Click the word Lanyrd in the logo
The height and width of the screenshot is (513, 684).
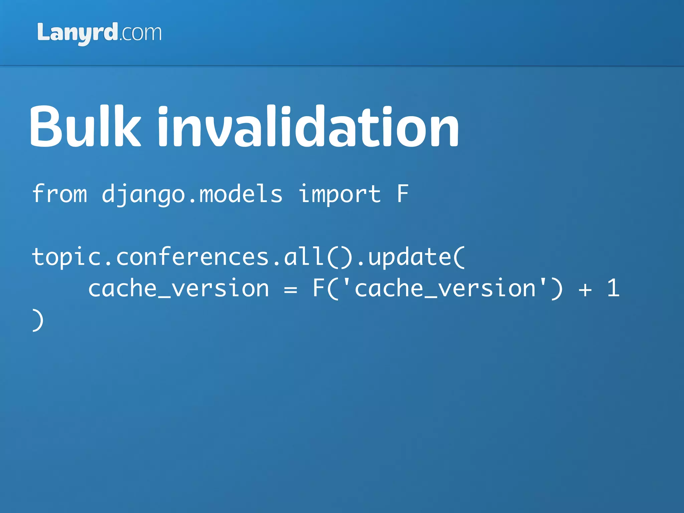point(77,33)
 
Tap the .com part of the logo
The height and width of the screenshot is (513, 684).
point(140,33)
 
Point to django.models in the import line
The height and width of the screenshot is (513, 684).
point(192,194)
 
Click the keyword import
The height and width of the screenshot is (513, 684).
point(339,194)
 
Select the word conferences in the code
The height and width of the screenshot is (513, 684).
point(192,257)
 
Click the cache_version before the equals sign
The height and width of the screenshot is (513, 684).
point(178,288)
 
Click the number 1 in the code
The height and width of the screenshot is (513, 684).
point(613,288)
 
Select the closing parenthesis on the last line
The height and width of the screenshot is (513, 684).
point(38,320)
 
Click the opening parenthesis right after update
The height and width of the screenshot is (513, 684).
point(459,257)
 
